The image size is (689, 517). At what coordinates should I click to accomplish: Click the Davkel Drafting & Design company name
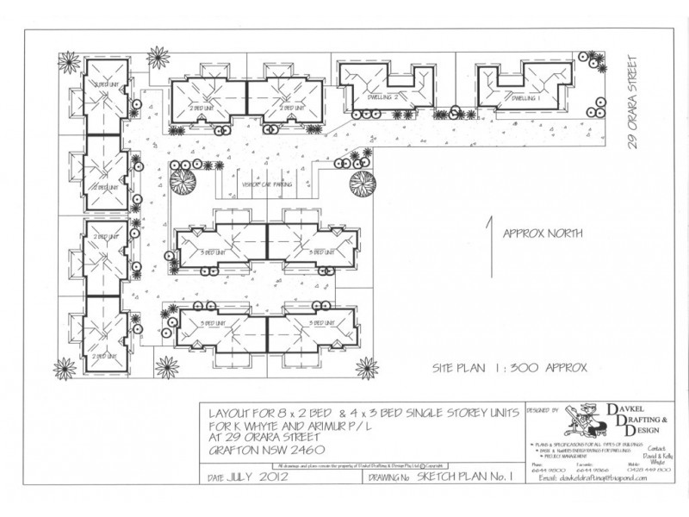(x=638, y=421)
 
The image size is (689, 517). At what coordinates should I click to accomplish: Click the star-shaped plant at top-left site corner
(x=158, y=59)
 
